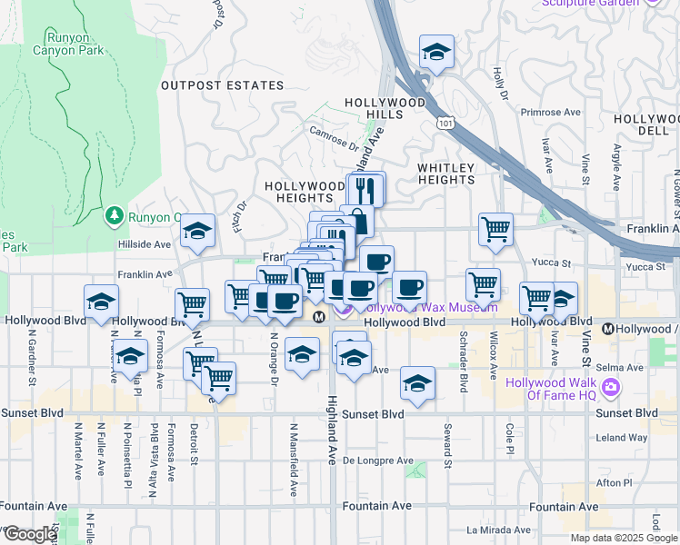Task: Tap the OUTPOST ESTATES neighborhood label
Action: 223,85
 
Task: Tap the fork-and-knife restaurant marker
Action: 366,190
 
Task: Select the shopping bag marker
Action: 358,222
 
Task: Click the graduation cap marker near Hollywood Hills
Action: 437,53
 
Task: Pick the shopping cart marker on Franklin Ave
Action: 495,231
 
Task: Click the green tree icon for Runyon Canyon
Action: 114,215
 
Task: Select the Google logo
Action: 30,534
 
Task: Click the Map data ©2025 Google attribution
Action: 623,538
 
